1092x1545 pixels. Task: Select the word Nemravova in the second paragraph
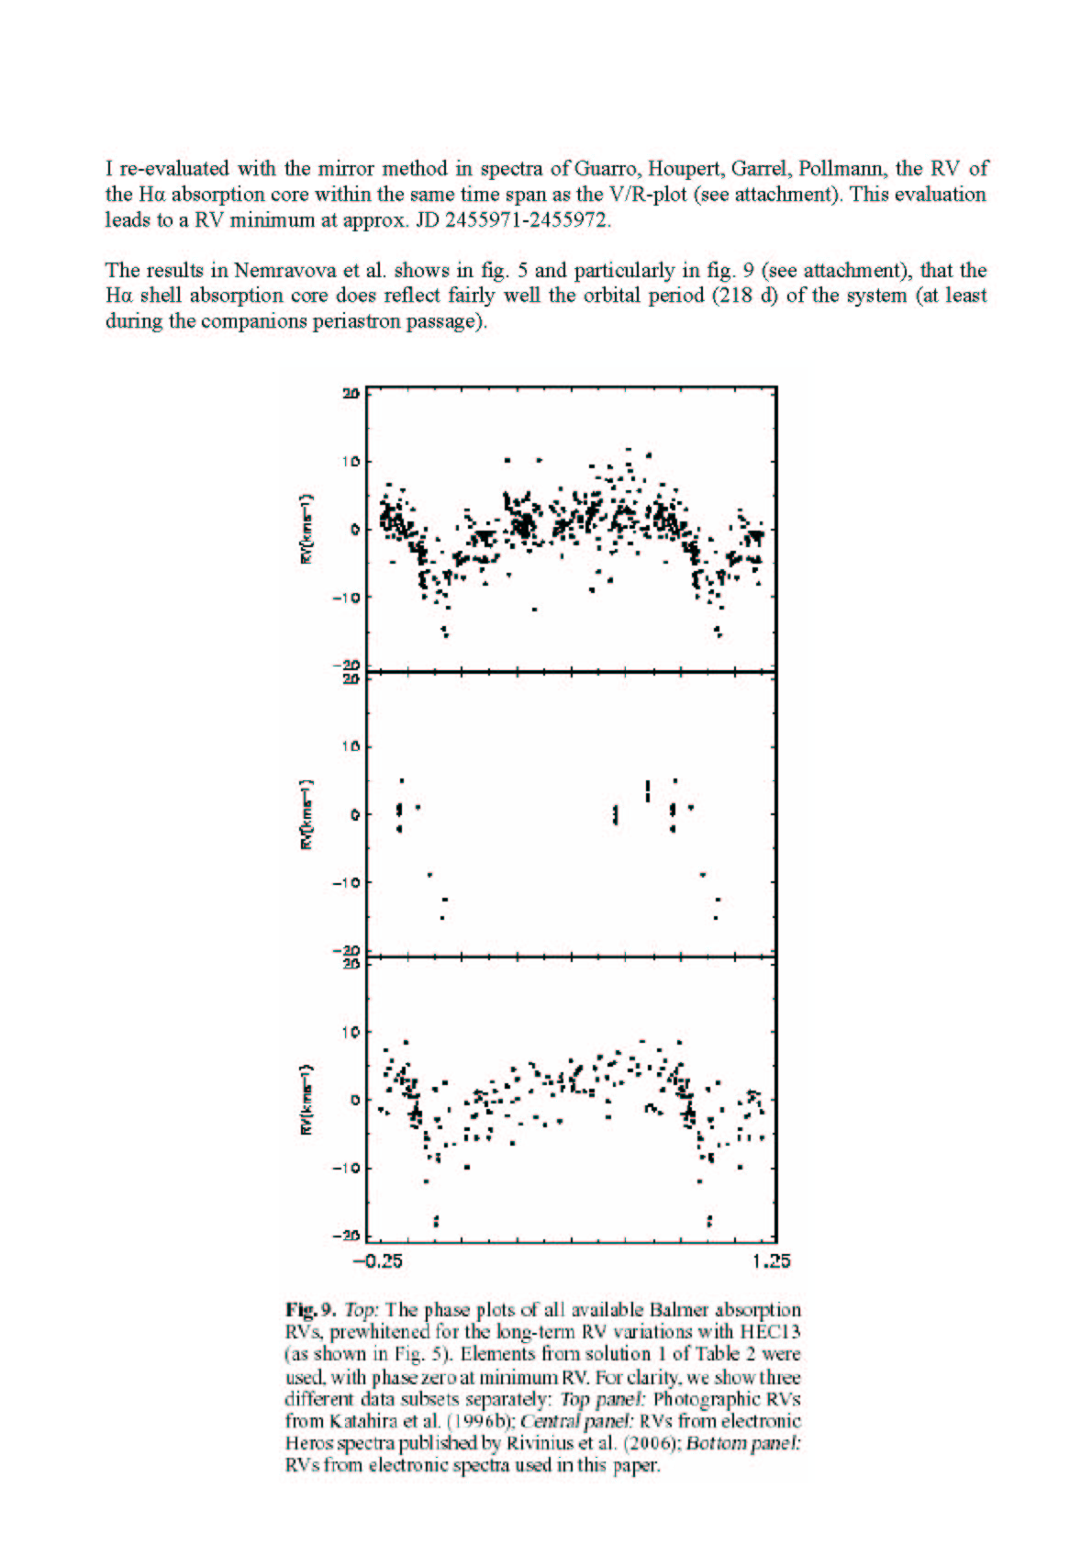pyautogui.click(x=277, y=270)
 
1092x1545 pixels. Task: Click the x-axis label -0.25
pyautogui.click(x=378, y=1260)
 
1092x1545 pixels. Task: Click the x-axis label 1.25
pyautogui.click(x=771, y=1260)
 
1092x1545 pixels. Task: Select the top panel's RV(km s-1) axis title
pyautogui.click(x=309, y=529)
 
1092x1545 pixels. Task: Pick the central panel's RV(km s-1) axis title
pyautogui.click(x=309, y=814)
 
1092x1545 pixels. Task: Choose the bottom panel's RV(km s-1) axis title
pyautogui.click(x=309, y=1100)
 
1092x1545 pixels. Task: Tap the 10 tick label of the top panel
pyautogui.click(x=351, y=461)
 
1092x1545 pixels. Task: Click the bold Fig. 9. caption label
pyautogui.click(x=312, y=1310)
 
